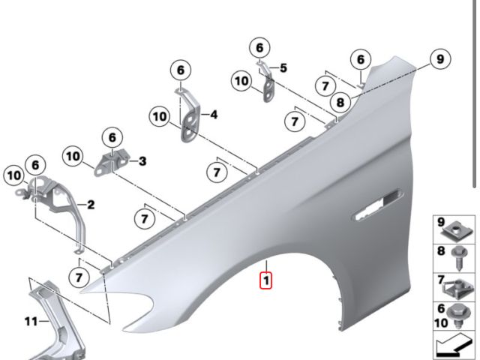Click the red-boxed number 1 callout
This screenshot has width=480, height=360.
point(265,280)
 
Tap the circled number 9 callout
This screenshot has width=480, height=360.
point(440,59)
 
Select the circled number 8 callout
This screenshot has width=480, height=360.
point(340,102)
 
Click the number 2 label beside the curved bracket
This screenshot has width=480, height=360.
point(91,205)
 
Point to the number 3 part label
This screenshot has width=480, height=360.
point(142,161)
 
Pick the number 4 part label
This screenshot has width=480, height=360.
point(214,115)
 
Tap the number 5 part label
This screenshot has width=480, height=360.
point(283,68)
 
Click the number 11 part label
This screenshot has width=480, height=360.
point(31,322)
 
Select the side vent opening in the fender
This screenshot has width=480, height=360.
point(378,204)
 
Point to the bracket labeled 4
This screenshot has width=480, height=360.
point(189,117)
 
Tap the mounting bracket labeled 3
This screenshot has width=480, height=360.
point(112,164)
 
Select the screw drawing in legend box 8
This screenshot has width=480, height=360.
point(460,258)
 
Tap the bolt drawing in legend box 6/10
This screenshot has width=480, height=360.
point(457,316)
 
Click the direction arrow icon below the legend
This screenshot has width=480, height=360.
point(453,346)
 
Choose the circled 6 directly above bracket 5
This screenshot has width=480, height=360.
point(259,48)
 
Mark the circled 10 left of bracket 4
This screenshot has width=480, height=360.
point(160,117)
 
